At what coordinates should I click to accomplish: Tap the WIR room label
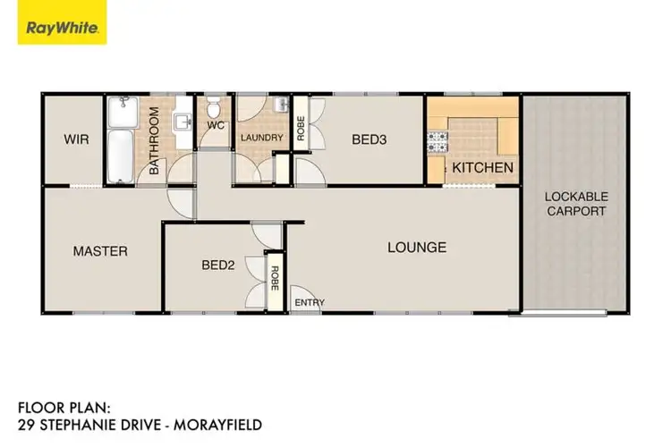(75, 139)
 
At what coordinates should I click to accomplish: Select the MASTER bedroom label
(100, 251)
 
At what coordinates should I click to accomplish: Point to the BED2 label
(217, 265)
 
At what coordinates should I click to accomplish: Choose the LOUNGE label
(416, 247)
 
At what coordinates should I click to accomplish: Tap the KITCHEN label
(482, 168)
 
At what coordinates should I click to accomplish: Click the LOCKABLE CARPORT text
(576, 204)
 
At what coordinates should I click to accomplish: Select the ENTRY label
(309, 302)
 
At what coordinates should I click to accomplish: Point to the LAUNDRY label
(261, 138)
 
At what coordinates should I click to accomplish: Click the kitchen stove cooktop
(438, 139)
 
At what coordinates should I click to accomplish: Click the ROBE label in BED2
(276, 280)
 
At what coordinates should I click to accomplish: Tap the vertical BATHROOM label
(154, 140)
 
